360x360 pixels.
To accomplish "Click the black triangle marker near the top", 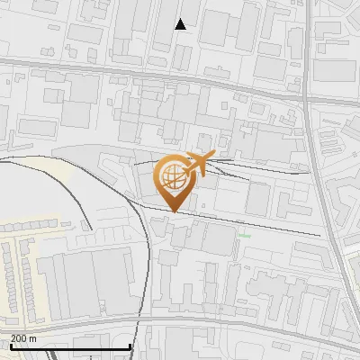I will [x=181, y=24].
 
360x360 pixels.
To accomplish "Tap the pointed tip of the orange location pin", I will [x=172, y=211].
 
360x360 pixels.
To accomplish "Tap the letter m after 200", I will [x=33, y=338].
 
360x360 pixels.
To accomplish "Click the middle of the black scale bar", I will [x=71, y=346].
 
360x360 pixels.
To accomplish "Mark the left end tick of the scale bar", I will [x=11, y=346].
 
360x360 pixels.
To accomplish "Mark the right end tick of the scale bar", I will [x=131, y=346].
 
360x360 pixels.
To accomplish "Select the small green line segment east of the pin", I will [x=245, y=237].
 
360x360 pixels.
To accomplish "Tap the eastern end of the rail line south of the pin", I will [x=319, y=235].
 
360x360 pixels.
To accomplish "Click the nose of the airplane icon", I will [x=213, y=157].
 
